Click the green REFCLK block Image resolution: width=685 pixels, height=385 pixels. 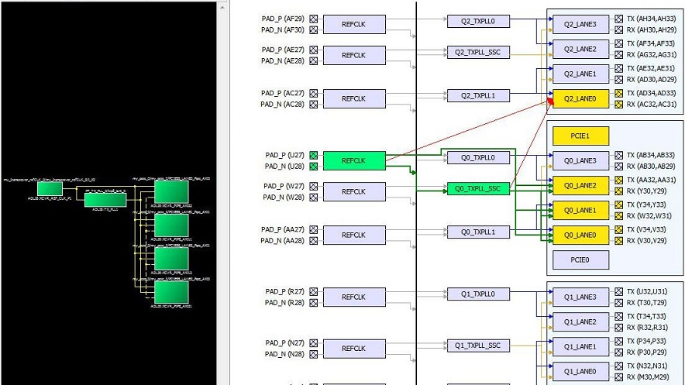click(x=353, y=160)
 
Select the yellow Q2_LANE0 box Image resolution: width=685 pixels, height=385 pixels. click(x=580, y=98)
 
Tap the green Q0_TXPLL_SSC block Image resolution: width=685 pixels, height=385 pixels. click(x=478, y=188)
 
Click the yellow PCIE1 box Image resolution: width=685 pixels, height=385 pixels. click(x=580, y=136)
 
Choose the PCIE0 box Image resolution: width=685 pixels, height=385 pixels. click(x=580, y=260)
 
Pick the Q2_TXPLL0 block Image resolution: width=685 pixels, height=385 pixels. click(x=478, y=21)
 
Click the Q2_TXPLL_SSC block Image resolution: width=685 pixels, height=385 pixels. click(x=478, y=53)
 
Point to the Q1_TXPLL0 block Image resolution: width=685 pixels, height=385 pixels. click(x=478, y=294)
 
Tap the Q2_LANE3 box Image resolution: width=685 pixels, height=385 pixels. click(x=580, y=25)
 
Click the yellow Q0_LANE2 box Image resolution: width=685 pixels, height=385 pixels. click(x=580, y=186)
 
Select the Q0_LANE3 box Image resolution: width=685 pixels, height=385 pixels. click(x=580, y=161)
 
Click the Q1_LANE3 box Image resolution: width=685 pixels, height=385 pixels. click(x=580, y=297)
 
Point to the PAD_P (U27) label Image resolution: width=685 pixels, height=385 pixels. click(x=284, y=155)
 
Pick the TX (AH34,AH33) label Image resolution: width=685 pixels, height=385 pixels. click(x=650, y=19)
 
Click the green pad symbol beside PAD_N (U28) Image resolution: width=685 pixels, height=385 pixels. click(x=313, y=167)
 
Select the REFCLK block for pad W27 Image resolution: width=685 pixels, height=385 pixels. click(x=353, y=191)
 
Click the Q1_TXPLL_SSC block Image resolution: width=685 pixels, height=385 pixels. click(x=478, y=345)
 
